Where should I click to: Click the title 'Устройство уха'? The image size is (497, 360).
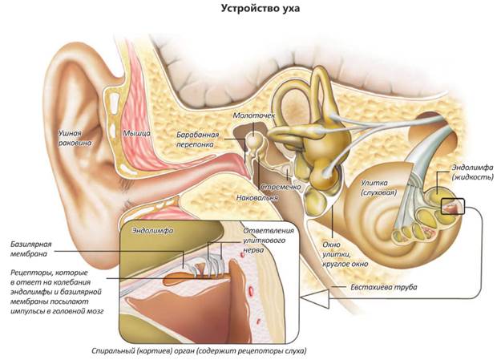pyautogui.click(x=248, y=10)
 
